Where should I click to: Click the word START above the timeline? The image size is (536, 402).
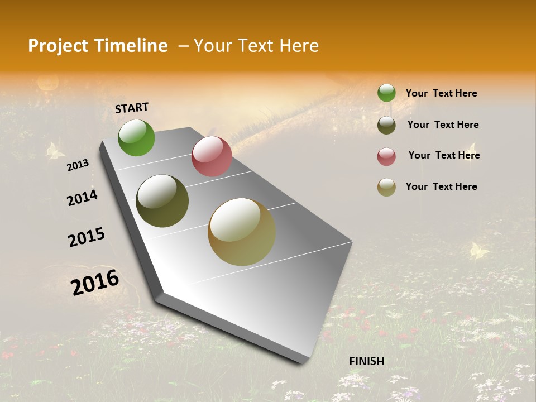pyautogui.click(x=132, y=107)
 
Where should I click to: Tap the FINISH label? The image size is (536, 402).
pyautogui.click(x=367, y=361)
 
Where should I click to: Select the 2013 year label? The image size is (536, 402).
pyautogui.click(x=78, y=165)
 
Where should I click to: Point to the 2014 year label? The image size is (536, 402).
pyautogui.click(x=82, y=198)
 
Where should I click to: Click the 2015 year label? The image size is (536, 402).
pyautogui.click(x=87, y=237)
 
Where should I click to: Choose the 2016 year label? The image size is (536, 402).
pyautogui.click(x=95, y=282)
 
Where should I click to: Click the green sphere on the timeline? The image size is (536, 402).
pyautogui.click(x=136, y=138)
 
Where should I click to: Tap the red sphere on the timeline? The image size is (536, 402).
pyautogui.click(x=212, y=156)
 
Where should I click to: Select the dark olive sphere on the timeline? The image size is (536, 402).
pyautogui.click(x=162, y=201)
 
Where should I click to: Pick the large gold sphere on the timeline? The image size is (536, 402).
pyautogui.click(x=242, y=232)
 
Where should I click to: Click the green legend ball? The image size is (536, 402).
pyautogui.click(x=386, y=93)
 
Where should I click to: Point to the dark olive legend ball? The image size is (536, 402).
pyautogui.click(x=386, y=125)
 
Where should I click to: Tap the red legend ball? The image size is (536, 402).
pyautogui.click(x=386, y=156)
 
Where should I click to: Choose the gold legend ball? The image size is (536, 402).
pyautogui.click(x=386, y=187)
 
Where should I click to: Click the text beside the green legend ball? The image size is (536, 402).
pyautogui.click(x=441, y=93)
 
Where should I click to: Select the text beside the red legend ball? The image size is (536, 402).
pyautogui.click(x=444, y=155)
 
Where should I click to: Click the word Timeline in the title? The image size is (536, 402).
pyautogui.click(x=132, y=46)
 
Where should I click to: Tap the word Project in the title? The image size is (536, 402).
pyautogui.click(x=56, y=46)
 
